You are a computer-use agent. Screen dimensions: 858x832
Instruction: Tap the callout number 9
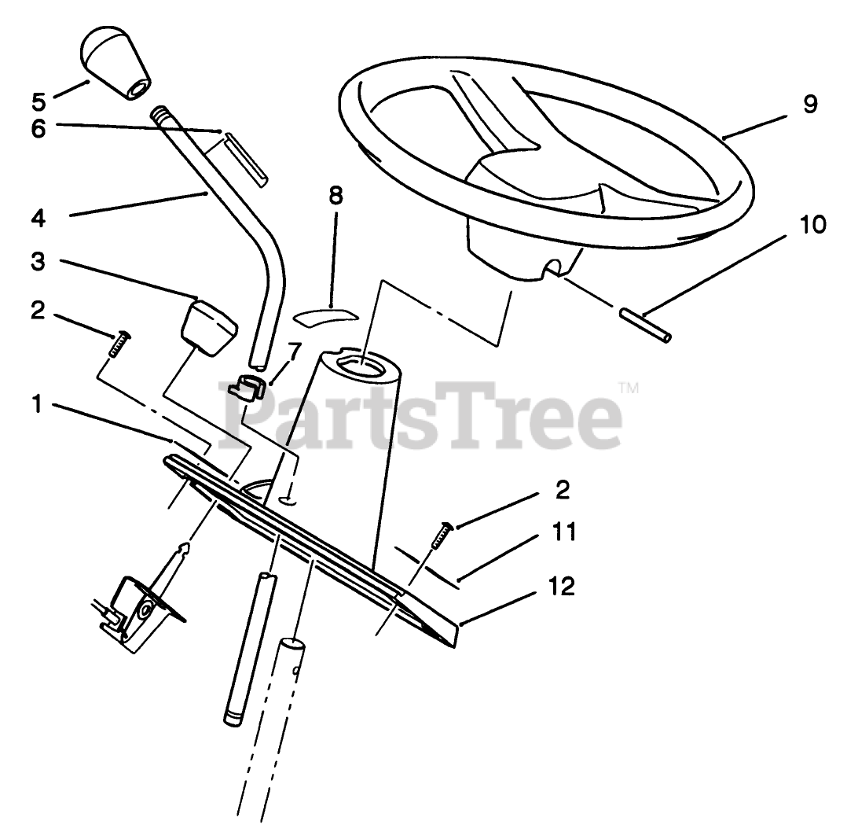811,103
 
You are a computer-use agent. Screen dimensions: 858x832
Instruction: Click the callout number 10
812,226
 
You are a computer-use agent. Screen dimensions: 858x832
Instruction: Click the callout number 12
563,586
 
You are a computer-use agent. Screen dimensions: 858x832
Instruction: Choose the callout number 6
38,128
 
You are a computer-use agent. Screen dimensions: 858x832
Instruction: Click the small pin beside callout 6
247,160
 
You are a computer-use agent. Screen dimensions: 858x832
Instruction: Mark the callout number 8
335,196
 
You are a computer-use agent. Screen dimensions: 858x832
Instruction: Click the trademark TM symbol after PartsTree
629,387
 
